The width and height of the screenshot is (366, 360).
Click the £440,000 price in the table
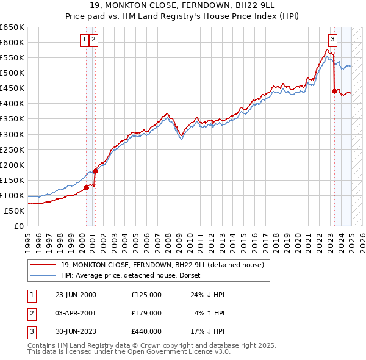[x=146, y=331]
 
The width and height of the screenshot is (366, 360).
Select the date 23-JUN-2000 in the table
[x=76, y=295]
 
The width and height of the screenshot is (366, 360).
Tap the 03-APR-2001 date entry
[x=76, y=313]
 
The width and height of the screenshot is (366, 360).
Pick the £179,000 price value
[x=146, y=313]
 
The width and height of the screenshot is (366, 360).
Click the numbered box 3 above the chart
[x=332, y=40]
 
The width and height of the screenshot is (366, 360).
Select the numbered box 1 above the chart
[x=84, y=40]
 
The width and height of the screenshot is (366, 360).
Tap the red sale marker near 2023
[x=334, y=91]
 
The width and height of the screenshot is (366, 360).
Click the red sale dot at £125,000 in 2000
[x=87, y=187]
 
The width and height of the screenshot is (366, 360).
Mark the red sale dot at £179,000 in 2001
[x=95, y=171]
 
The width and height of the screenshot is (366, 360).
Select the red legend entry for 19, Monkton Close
[x=162, y=265]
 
